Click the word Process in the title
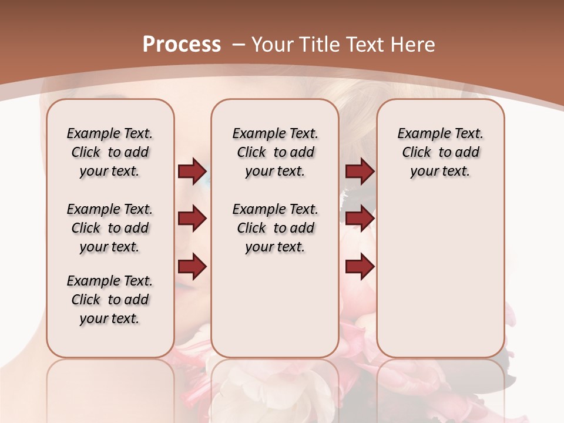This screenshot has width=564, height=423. [x=182, y=45]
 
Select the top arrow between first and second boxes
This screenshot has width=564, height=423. [x=192, y=172]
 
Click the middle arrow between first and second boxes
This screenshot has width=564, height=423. [x=192, y=219]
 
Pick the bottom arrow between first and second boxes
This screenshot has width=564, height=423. [x=192, y=267]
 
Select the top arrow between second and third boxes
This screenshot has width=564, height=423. [x=360, y=172]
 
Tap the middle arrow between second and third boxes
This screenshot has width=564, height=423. [x=360, y=219]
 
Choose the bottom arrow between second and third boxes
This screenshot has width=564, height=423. [x=360, y=267]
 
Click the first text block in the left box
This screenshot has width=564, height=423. [x=110, y=152]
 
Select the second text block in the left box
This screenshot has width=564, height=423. [x=110, y=228]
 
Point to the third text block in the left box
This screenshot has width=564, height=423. [x=110, y=300]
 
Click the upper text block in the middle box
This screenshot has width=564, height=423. [x=275, y=152]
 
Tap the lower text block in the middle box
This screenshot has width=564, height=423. [x=275, y=228]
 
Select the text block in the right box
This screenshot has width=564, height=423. [x=440, y=152]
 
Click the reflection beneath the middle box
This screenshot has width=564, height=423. [x=275, y=388]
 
